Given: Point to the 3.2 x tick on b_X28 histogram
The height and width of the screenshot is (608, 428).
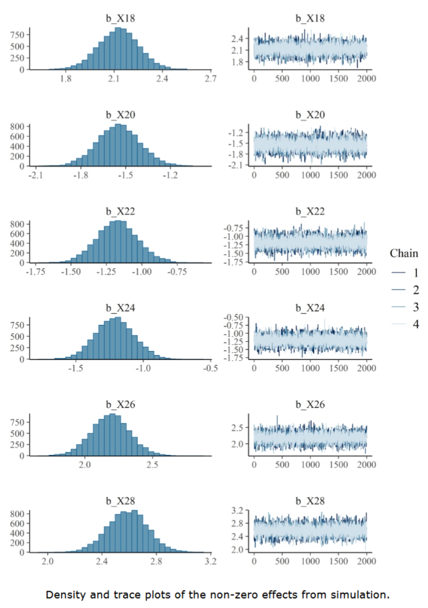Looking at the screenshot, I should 211,562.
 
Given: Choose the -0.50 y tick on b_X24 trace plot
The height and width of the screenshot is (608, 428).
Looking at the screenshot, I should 236,317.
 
